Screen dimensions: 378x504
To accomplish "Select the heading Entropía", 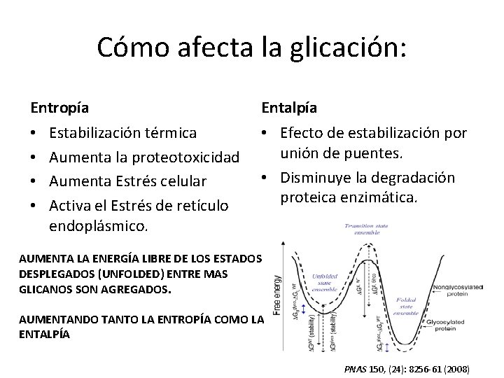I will pyautogui.click(x=59, y=108).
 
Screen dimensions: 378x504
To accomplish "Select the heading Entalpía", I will pyautogui.click(x=289, y=108).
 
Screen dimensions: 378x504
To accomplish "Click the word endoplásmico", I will pyautogui.click(x=99, y=225).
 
